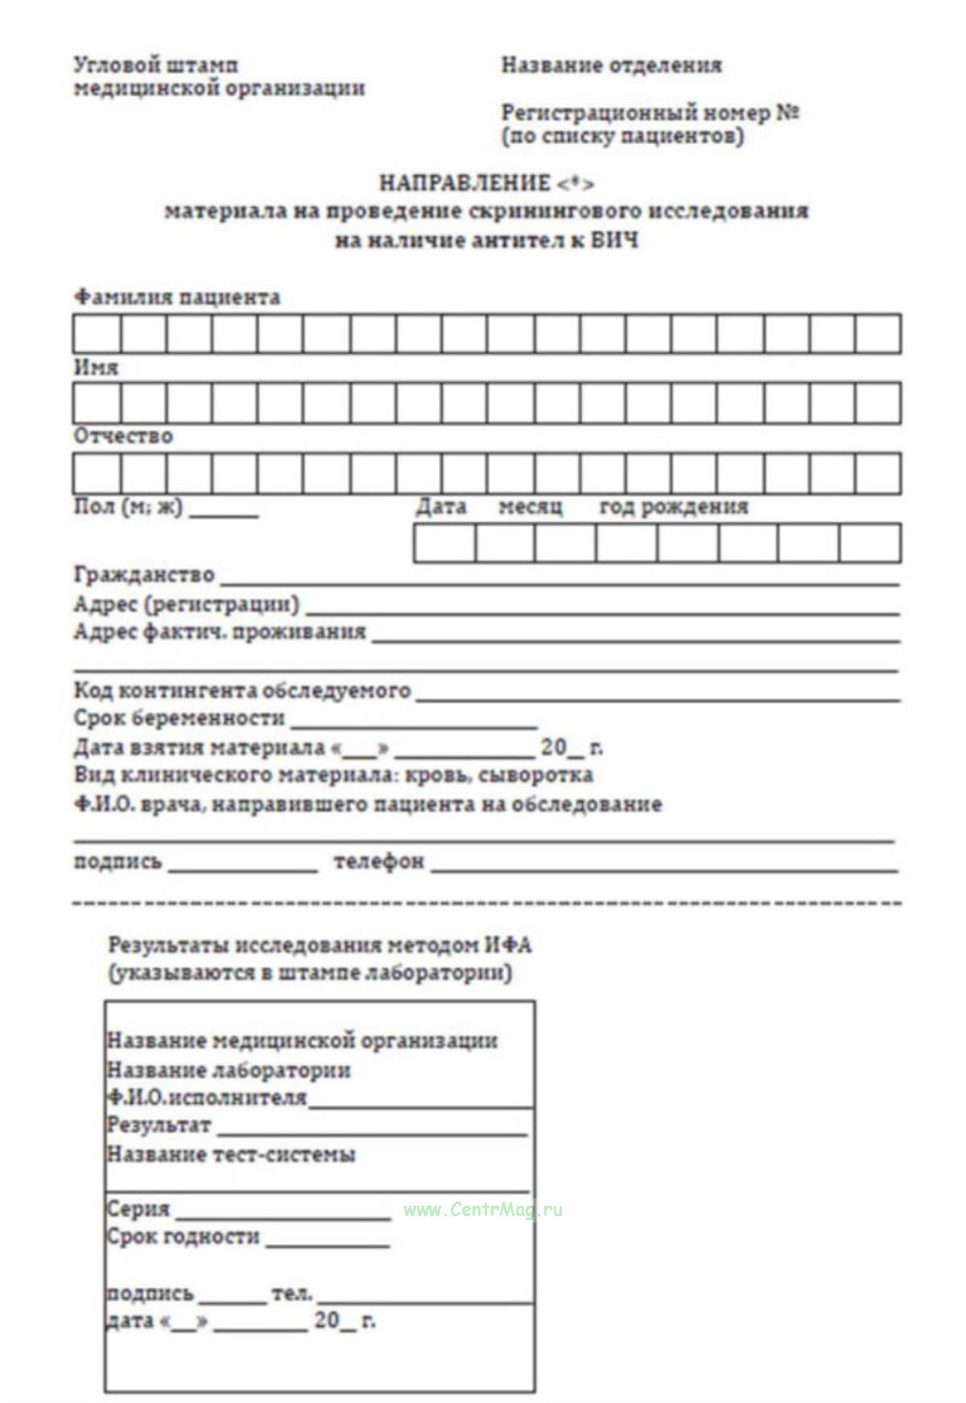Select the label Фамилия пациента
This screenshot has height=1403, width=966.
click(x=177, y=297)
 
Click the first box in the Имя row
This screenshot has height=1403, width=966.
click(x=97, y=402)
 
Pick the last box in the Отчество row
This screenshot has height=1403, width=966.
click(x=878, y=473)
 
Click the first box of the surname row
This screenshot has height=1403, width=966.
click(x=97, y=333)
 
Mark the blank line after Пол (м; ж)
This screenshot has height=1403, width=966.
click(x=224, y=514)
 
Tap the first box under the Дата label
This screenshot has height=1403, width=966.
click(x=444, y=543)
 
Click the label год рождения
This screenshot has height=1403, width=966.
click(x=674, y=507)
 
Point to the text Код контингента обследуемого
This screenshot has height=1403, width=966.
click(x=242, y=690)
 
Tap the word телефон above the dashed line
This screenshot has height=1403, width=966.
click(x=378, y=861)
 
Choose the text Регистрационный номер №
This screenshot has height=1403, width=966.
click(x=650, y=113)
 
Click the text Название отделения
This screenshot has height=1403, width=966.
click(x=611, y=65)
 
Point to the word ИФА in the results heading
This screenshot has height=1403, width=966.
click(x=508, y=945)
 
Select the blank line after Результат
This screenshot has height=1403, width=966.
click(x=371, y=1132)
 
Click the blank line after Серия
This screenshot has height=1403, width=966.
click(x=283, y=1216)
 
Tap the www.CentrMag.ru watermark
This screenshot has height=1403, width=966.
click(x=483, y=1210)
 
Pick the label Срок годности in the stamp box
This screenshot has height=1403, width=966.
click(x=184, y=1236)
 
